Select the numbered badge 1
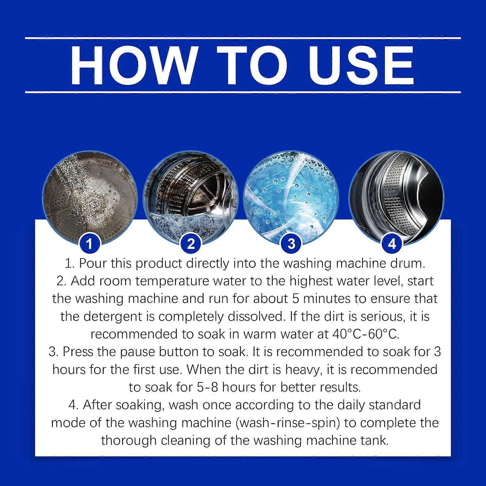click(x=89, y=244)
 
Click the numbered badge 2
click(x=191, y=244)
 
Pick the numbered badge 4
click(x=392, y=244)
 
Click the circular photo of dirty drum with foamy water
click(x=191, y=197)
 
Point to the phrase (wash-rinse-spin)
click(x=288, y=423)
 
